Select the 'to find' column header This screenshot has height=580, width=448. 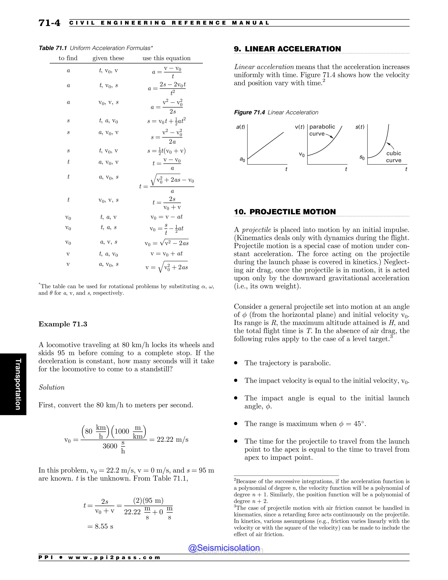pyautogui.click(x=68, y=58)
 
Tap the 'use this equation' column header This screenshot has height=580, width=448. pyautogui.click(x=166, y=58)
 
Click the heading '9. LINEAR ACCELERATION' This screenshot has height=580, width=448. pyautogui.click(x=287, y=49)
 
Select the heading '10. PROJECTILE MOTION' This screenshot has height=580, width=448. pyautogui.click(x=285, y=212)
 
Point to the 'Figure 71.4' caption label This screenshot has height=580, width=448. pyautogui.click(x=249, y=112)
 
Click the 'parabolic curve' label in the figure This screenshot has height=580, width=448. pyautogui.click(x=322, y=130)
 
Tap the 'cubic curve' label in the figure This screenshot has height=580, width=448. pyautogui.click(x=393, y=157)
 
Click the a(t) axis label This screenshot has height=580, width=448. pyautogui.click(x=240, y=127)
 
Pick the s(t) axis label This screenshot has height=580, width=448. pyautogui.click(x=360, y=127)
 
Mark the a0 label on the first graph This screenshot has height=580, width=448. pyautogui.click(x=242, y=159)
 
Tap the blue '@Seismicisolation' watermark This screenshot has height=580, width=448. pyautogui.click(x=224, y=548)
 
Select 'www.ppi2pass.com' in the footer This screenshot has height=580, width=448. pyautogui.click(x=114, y=557)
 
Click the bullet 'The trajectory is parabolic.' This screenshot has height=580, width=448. pyautogui.click(x=287, y=363)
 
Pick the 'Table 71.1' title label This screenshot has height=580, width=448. pyautogui.click(x=52, y=48)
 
